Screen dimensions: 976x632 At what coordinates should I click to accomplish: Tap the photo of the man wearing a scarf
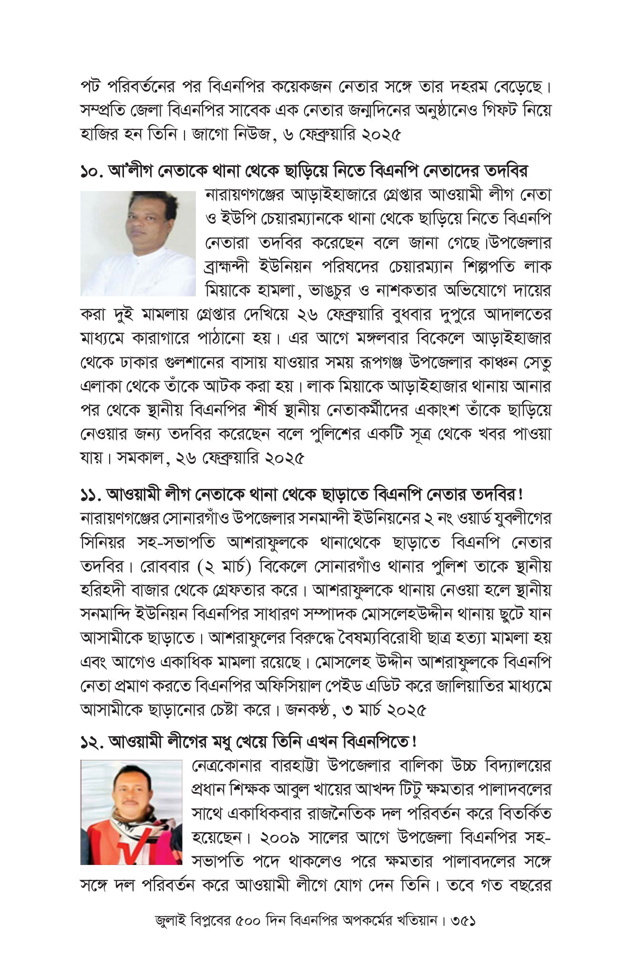(x=131, y=813)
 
